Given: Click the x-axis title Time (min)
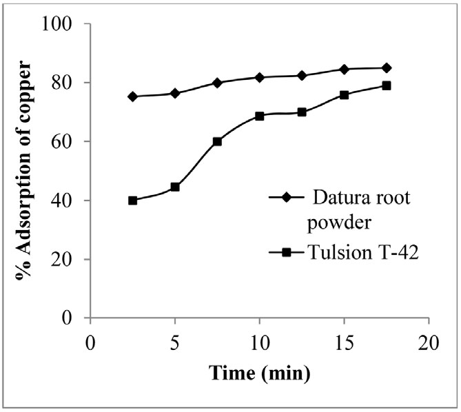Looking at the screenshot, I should (x=259, y=373).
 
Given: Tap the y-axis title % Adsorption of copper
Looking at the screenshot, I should (x=25, y=171).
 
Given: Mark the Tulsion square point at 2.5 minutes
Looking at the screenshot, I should (x=132, y=200).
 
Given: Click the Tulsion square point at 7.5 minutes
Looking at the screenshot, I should (x=217, y=142).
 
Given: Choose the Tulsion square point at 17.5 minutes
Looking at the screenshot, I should (x=387, y=85).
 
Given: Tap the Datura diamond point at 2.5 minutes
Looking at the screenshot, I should (x=132, y=96).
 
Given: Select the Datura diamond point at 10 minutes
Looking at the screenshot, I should (x=260, y=77).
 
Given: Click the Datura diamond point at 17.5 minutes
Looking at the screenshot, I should (x=387, y=68).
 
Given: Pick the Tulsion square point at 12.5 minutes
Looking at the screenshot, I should (x=302, y=112).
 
